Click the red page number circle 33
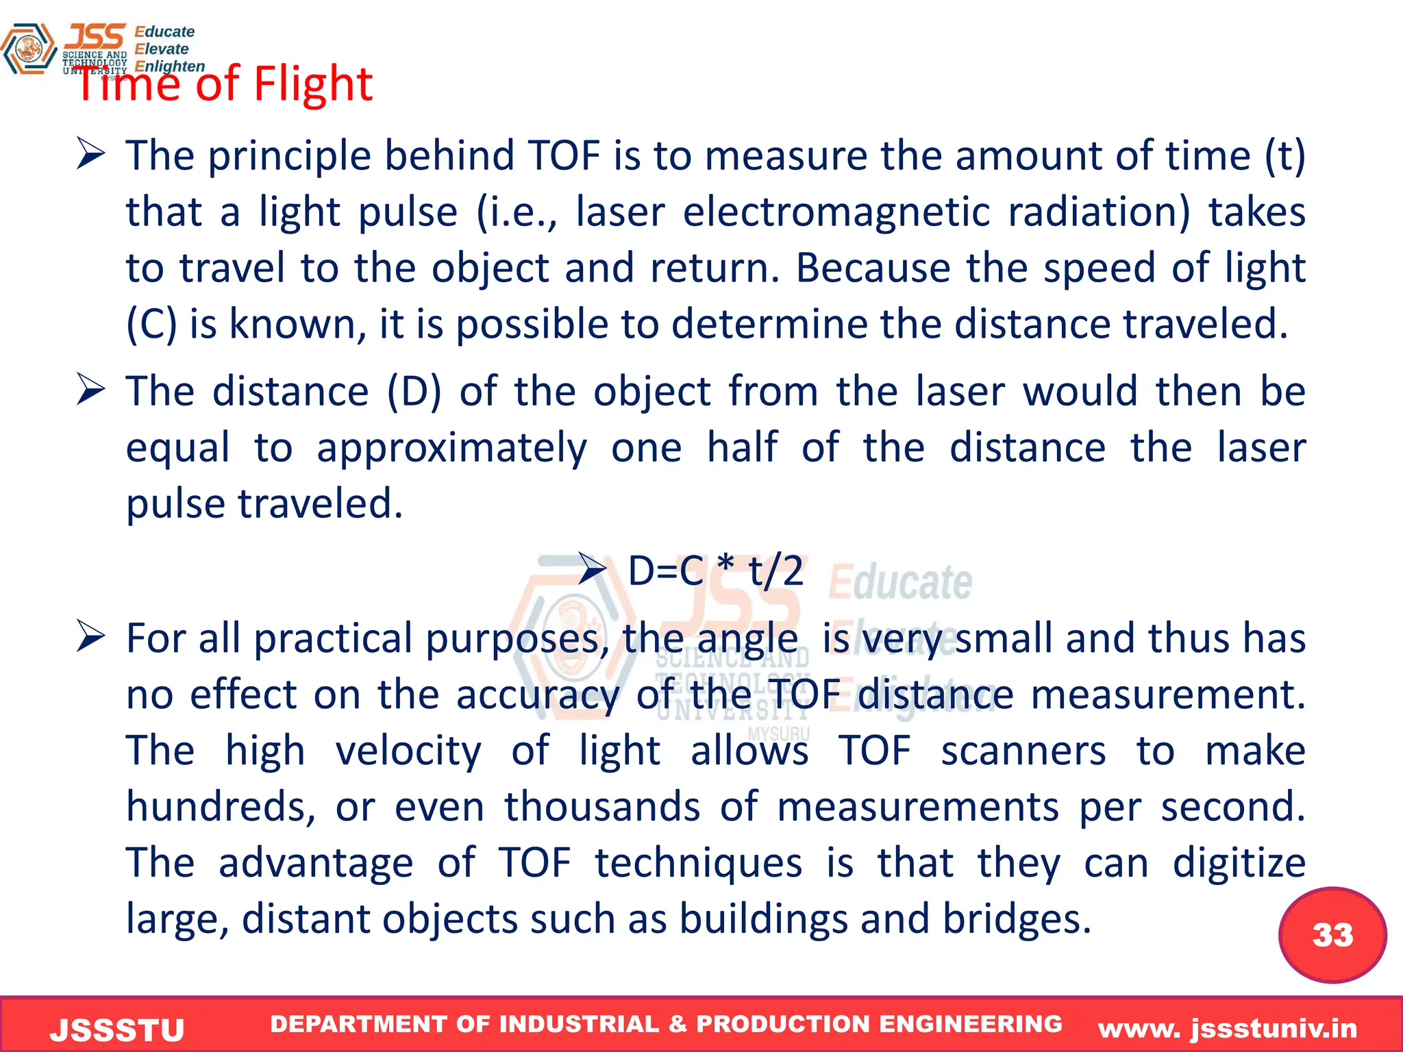(1332, 935)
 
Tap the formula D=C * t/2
(715, 571)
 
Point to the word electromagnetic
(836, 212)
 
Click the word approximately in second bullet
(451, 448)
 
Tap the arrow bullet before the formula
(592, 569)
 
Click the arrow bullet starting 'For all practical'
(90, 636)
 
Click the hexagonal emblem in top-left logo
(29, 49)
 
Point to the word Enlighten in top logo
(169, 66)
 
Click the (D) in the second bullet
(414, 392)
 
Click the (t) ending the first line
(1284, 156)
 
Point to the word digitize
(1239, 863)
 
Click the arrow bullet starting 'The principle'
(90, 154)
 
